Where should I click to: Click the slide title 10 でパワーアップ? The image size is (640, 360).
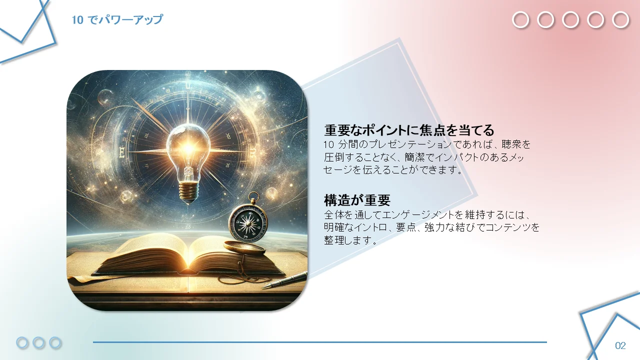(117, 19)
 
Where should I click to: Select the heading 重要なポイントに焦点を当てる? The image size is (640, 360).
(409, 130)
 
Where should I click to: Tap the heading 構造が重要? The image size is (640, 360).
(357, 200)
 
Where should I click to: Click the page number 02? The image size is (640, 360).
(620, 345)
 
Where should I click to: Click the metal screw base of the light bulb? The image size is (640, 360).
(188, 191)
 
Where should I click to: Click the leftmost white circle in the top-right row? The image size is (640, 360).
(520, 20)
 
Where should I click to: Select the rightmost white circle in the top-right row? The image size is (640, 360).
(620, 20)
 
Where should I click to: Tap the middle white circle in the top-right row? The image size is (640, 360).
(570, 20)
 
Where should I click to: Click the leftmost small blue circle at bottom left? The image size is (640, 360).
(22, 342)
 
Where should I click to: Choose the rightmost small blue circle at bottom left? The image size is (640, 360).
(55, 342)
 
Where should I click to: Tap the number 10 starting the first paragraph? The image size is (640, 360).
(329, 144)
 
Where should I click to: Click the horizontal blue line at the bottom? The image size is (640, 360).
(320, 342)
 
